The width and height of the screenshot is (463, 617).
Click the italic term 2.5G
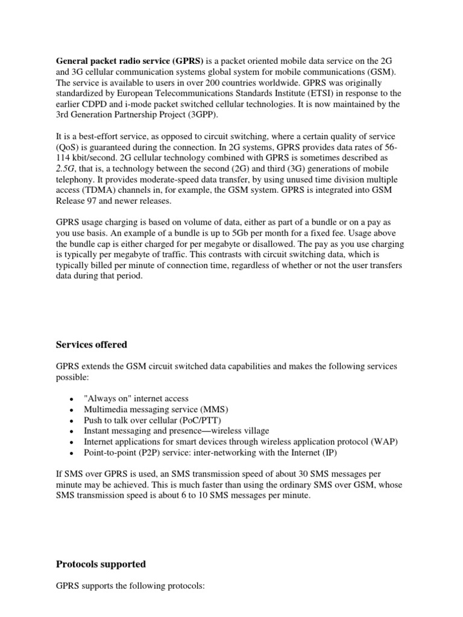point(68,168)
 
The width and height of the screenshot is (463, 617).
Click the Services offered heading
point(92,345)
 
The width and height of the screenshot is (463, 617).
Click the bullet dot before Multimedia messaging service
point(72,410)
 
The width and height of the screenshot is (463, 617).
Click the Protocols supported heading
point(101,564)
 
